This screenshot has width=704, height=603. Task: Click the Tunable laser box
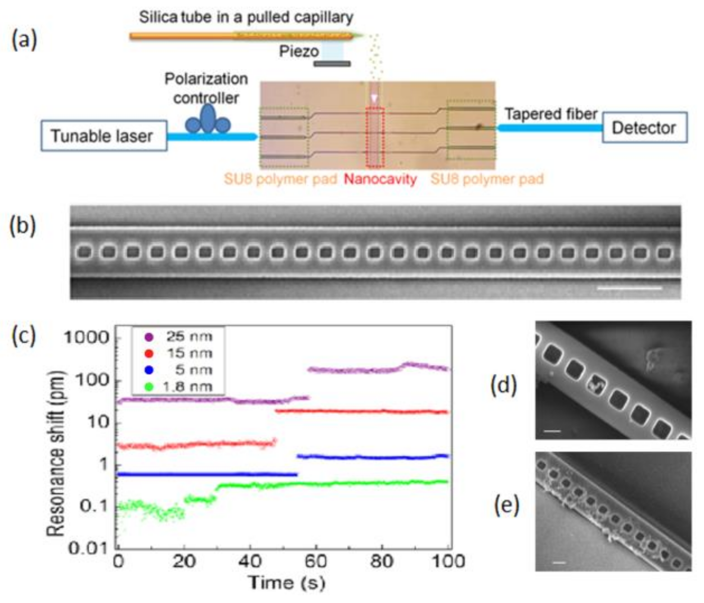click(x=104, y=136)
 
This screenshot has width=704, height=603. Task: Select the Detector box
click(x=644, y=128)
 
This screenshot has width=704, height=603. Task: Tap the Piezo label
click(x=299, y=51)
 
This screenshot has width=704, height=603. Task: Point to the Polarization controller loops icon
click(x=208, y=121)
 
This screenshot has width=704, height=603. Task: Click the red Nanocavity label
click(x=380, y=179)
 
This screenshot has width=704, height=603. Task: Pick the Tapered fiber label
click(x=551, y=114)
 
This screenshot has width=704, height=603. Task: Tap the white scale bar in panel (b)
click(x=629, y=288)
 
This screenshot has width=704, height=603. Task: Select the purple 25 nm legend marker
click(x=149, y=337)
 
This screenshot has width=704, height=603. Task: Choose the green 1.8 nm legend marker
click(x=149, y=387)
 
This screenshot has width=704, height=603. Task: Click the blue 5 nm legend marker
click(x=149, y=370)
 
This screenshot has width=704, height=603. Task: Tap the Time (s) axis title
click(x=286, y=583)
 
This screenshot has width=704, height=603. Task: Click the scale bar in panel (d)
click(x=552, y=431)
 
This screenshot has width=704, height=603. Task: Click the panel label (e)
click(x=506, y=506)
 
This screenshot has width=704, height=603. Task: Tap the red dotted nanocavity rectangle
click(x=375, y=137)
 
